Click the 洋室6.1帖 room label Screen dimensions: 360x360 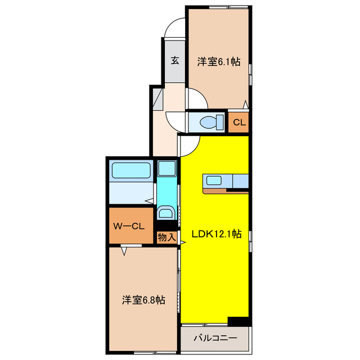point(219,62)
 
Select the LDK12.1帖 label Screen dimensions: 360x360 point(217,234)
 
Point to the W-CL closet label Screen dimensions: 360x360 point(130,227)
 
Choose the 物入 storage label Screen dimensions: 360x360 point(166,237)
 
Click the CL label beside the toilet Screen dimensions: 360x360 point(239,122)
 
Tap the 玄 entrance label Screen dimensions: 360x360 point(175,60)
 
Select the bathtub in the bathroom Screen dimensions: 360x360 point(130,171)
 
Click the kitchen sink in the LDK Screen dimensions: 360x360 point(214,181)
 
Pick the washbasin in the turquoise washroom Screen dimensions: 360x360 point(166,211)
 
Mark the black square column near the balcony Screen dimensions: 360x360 point(238,321)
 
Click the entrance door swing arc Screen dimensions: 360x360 point(175,29)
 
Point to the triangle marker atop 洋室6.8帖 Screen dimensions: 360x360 point(123,251)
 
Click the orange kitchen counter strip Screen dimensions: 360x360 point(225,191)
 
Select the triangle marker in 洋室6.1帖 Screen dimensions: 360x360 point(245,104)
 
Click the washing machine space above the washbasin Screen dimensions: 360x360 point(166,168)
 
